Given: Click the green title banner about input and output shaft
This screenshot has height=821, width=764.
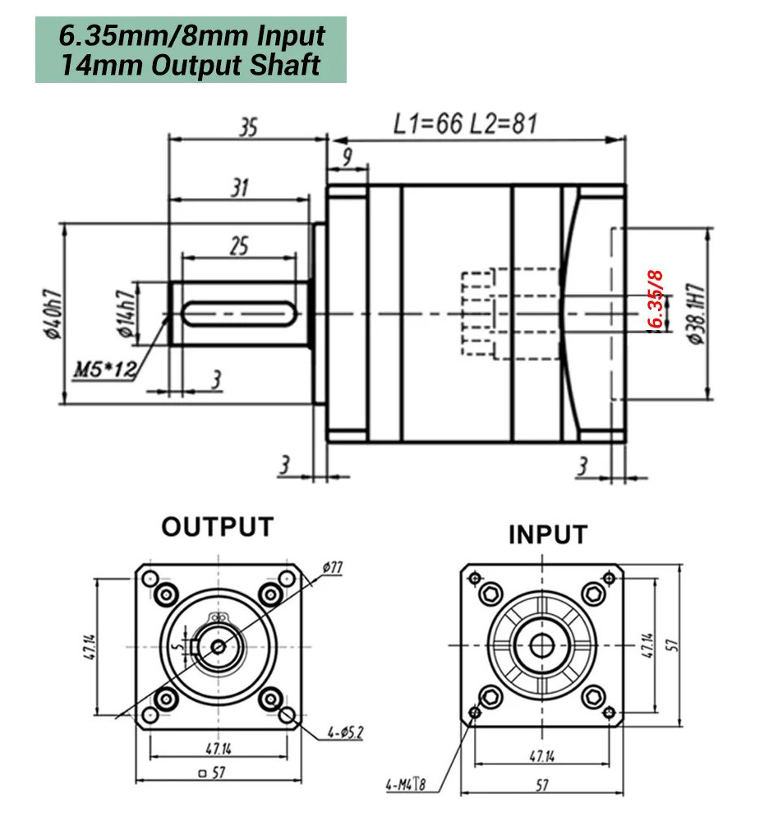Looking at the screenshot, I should coord(191,50).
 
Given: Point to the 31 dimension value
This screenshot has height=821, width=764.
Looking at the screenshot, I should coord(238,188).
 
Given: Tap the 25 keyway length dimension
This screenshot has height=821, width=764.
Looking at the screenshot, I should coord(238,245).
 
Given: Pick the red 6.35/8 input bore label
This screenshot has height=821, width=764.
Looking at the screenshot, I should coord(656,299).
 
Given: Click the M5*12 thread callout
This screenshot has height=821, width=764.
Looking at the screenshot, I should coord(104,369).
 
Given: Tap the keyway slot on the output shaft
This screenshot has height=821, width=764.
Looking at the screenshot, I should coord(238,313).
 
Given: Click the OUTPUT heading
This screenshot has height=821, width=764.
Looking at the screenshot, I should coord(217,526).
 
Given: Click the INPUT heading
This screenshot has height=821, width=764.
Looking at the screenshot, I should coord(548,534).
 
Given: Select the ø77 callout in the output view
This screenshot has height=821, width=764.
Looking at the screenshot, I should coord(332,567).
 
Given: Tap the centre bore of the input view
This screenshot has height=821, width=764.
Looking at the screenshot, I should coord(541,646).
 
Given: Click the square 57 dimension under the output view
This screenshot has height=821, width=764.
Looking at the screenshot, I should coord(212,773).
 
